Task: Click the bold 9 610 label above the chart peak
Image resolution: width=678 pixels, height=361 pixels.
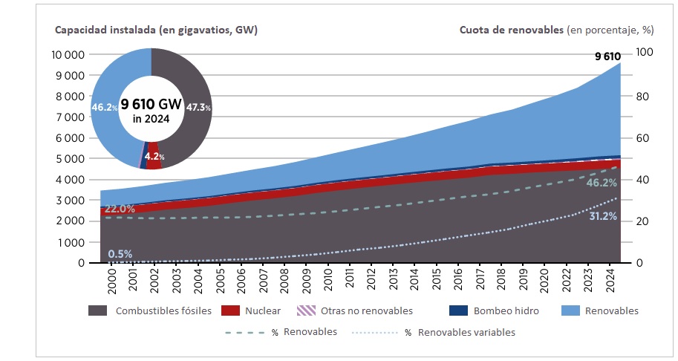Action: pos(607,56)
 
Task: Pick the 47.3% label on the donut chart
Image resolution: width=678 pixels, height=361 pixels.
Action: pos(198,108)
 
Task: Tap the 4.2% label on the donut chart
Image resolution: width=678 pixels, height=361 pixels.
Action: pos(154,157)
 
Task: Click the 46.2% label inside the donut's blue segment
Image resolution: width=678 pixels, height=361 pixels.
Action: pos(103,108)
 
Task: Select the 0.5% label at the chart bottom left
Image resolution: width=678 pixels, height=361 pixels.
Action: pos(120,254)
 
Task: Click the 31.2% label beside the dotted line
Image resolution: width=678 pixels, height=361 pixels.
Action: pos(602,217)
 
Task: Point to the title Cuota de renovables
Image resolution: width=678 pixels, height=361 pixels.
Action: pos(511,30)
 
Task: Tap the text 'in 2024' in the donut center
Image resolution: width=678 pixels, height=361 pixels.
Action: pos(151,119)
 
